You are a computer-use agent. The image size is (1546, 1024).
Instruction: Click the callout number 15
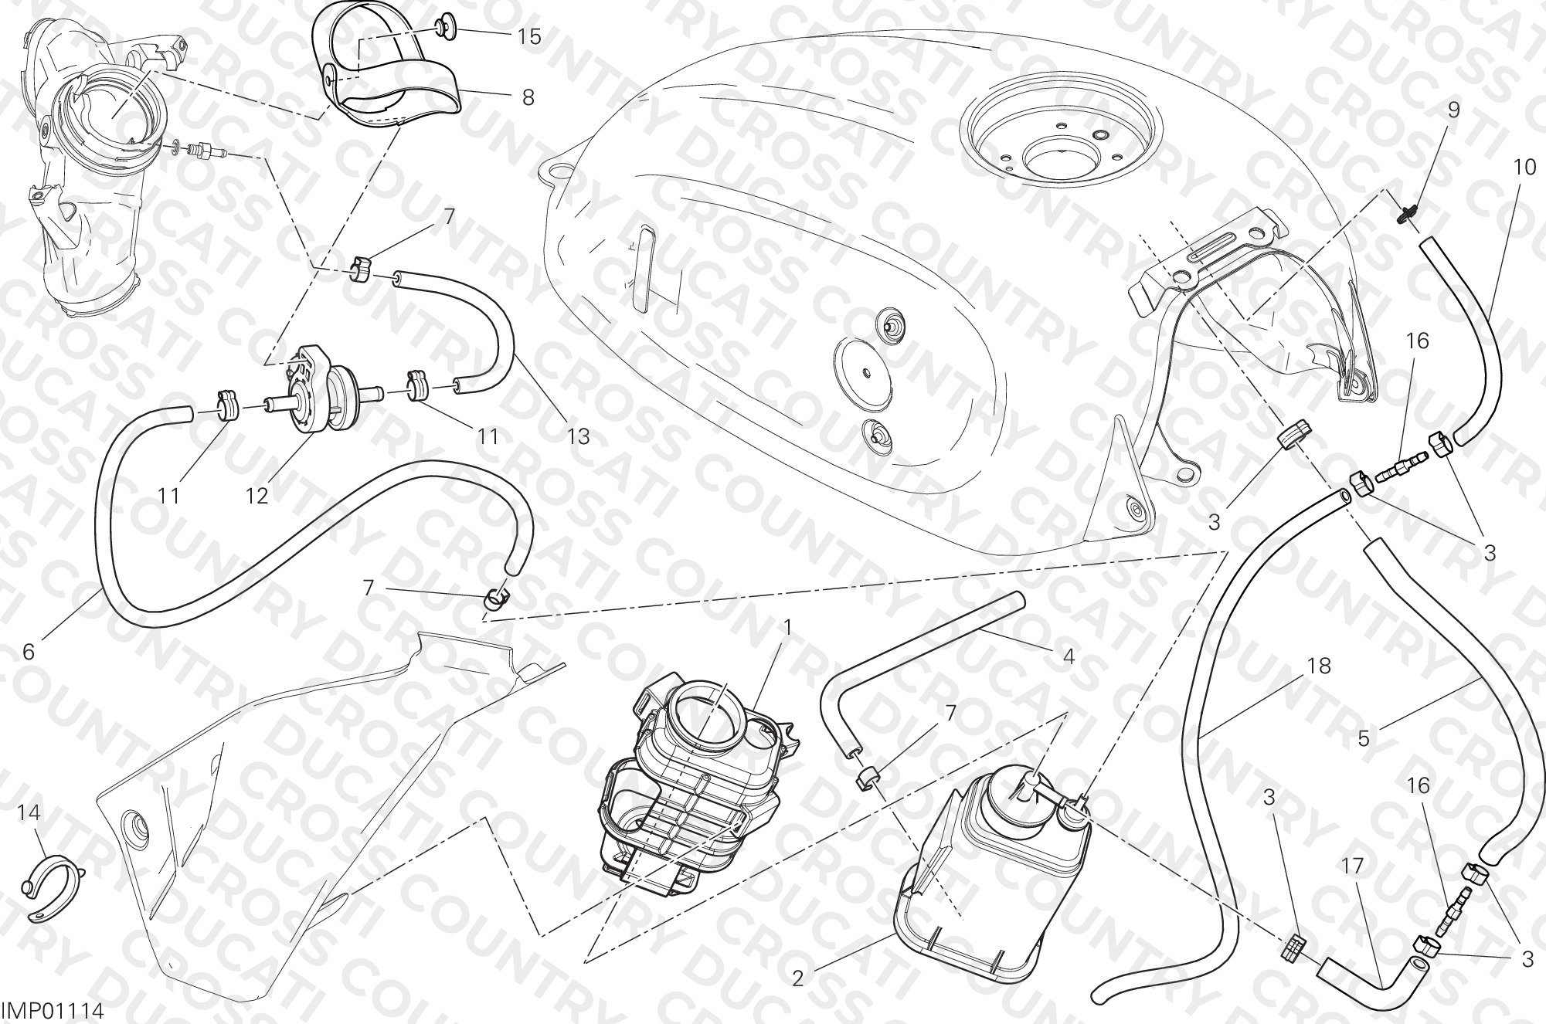pyautogui.click(x=529, y=37)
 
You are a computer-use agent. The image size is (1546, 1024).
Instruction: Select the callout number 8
pyautogui.click(x=528, y=99)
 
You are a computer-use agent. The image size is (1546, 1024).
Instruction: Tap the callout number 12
pyautogui.click(x=257, y=495)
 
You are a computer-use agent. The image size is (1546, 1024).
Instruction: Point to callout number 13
pyautogui.click(x=578, y=437)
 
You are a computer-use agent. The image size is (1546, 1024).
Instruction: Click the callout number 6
pyautogui.click(x=29, y=652)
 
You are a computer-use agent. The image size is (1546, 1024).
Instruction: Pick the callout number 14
pyautogui.click(x=30, y=812)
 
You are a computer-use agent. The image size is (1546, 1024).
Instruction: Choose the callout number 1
pyautogui.click(x=787, y=628)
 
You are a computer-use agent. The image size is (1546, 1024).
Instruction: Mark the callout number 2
pyautogui.click(x=798, y=978)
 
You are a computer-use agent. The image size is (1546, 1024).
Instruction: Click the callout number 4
pyautogui.click(x=1069, y=656)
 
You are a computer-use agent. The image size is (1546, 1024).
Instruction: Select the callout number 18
pyautogui.click(x=1320, y=665)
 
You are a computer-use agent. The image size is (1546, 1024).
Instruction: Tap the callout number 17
pyautogui.click(x=1352, y=866)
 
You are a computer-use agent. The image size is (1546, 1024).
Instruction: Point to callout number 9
pyautogui.click(x=1453, y=110)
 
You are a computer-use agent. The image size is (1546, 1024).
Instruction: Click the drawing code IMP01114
pyautogui.click(x=52, y=1011)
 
